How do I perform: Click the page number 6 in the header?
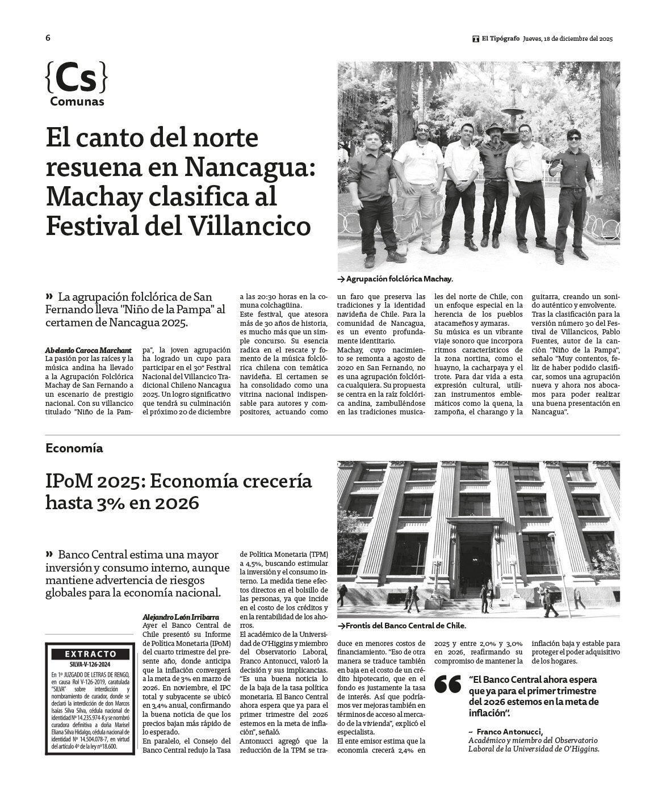[x=48, y=38]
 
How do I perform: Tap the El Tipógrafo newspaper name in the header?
[x=500, y=39]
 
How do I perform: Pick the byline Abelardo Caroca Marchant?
[x=88, y=350]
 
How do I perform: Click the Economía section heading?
[x=74, y=448]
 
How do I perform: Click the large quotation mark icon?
[x=448, y=685]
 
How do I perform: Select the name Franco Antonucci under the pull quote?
[x=510, y=731]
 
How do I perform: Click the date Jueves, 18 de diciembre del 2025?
[x=568, y=39]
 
